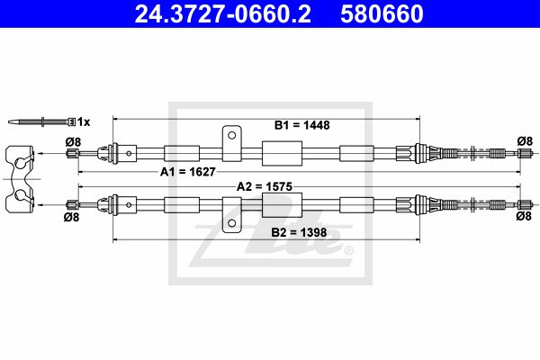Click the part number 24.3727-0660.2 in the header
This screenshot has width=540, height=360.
(222, 13)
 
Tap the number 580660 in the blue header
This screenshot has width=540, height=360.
(382, 13)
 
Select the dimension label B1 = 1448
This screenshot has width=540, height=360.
(301, 125)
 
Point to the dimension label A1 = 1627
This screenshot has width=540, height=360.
(188, 172)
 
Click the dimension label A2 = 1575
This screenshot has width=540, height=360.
(264, 186)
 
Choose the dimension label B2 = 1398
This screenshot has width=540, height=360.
(299, 232)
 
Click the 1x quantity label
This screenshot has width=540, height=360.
(84, 121)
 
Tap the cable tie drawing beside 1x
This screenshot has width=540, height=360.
(41, 121)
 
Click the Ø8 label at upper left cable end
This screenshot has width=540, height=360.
(73, 142)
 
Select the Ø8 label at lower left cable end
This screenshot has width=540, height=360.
(72, 217)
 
